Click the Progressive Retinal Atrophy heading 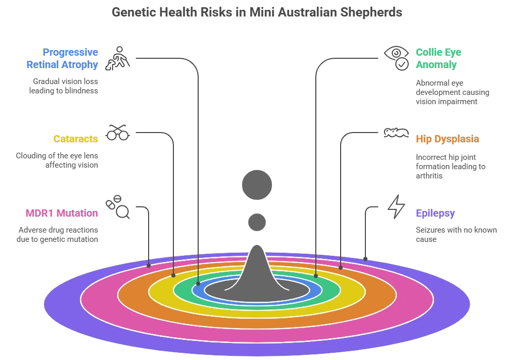pyautogui.click(x=62, y=58)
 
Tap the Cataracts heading pyautogui.click(x=76, y=139)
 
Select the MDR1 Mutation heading pyautogui.click(x=62, y=213)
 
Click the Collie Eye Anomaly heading pyautogui.click(x=439, y=58)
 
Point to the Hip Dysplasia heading pyautogui.click(x=447, y=139)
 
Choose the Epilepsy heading pyautogui.click(x=436, y=213)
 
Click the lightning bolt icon pyautogui.click(x=396, y=207)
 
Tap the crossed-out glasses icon pyautogui.click(x=117, y=133)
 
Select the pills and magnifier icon pyautogui.click(x=117, y=207)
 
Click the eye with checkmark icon pyautogui.click(x=396, y=58)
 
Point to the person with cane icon pyautogui.click(x=117, y=58)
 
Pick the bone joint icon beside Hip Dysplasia pyautogui.click(x=396, y=133)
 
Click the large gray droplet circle pyautogui.click(x=257, y=185)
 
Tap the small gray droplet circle pyautogui.click(x=257, y=222)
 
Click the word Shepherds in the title pyautogui.click(x=371, y=12)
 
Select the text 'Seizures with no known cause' pyautogui.click(x=456, y=235)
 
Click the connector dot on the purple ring pyautogui.click(x=365, y=259)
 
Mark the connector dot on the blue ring pyautogui.click(x=198, y=284)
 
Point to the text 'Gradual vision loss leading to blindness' pyautogui.click(x=63, y=86)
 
